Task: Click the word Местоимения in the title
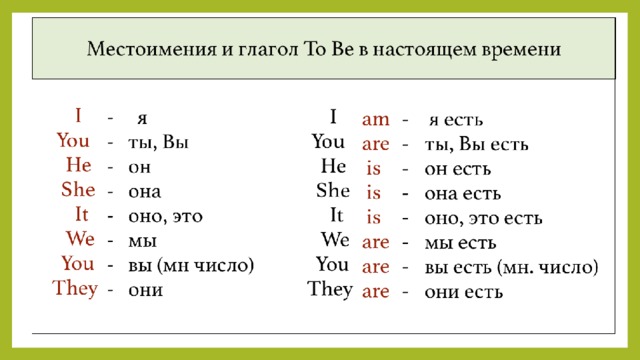pyautogui.click(x=151, y=49)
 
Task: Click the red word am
pyautogui.click(x=376, y=120)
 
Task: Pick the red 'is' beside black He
pyautogui.click(x=373, y=168)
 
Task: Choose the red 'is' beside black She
pyautogui.click(x=373, y=192)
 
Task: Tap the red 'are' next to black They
pyautogui.click(x=376, y=291)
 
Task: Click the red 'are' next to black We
pyautogui.click(x=376, y=242)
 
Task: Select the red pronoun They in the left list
pyautogui.click(x=75, y=288)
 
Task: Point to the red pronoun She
pyautogui.click(x=78, y=189)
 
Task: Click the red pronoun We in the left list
pyautogui.click(x=80, y=238)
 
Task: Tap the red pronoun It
pyautogui.click(x=81, y=214)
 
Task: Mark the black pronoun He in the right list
pyautogui.click(x=333, y=166)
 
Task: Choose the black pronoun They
pyautogui.click(x=330, y=289)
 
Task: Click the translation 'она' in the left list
pyautogui.click(x=144, y=192)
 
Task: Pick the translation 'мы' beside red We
pyautogui.click(x=142, y=241)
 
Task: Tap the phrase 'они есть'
pyautogui.click(x=464, y=292)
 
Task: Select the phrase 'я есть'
pyautogui.click(x=456, y=120)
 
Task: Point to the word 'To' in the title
pyautogui.click(x=314, y=49)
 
